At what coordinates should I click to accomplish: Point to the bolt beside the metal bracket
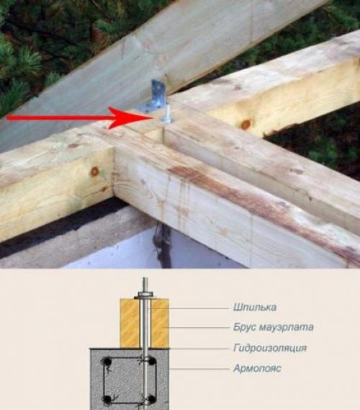(168, 114)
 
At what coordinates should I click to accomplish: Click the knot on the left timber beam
(94, 171)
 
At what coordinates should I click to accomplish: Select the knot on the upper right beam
(246, 125)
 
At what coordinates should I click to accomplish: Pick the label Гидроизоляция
(270, 348)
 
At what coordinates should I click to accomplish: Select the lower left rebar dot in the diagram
(106, 398)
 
